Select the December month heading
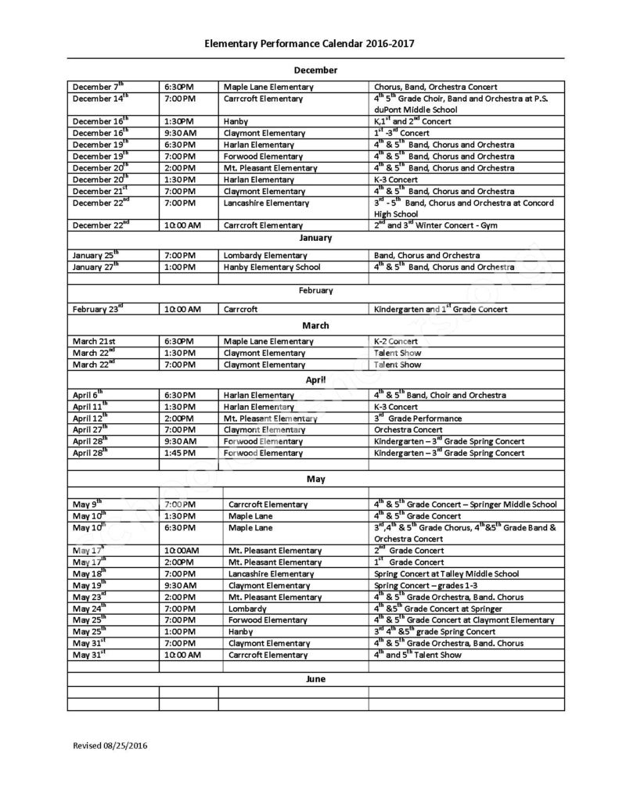click(x=315, y=70)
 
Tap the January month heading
click(x=315, y=238)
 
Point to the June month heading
click(x=315, y=679)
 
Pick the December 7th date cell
click(x=99, y=87)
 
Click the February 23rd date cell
click(x=99, y=309)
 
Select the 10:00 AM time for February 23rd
click(x=182, y=310)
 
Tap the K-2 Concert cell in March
click(x=396, y=342)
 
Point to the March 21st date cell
click(x=95, y=342)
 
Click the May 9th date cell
click(x=88, y=505)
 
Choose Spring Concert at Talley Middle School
click(x=447, y=574)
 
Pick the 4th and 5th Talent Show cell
click(x=417, y=655)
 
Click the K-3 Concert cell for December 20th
click(x=396, y=180)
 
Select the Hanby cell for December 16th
click(x=236, y=122)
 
